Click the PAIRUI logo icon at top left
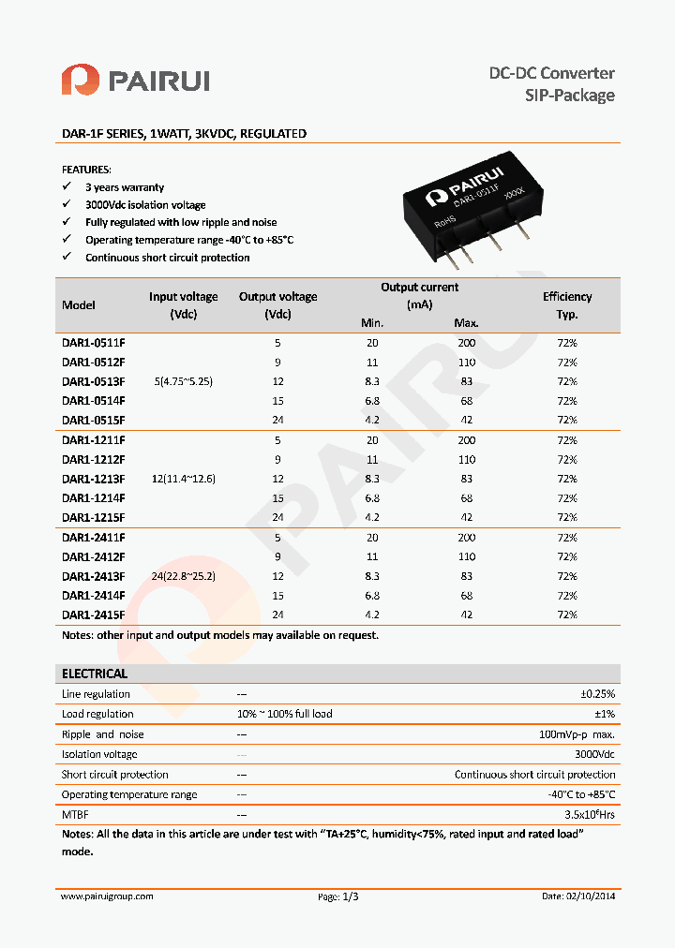point(80,80)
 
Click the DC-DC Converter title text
point(552,73)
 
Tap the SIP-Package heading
point(569,96)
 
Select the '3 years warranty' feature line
point(124,187)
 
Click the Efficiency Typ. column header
point(566,305)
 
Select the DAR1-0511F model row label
point(93,343)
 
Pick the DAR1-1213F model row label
point(93,479)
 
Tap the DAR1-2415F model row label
point(93,615)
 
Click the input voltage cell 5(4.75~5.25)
point(184,382)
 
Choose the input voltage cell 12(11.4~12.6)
point(184,479)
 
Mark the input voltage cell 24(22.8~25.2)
point(184,576)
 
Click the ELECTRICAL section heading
point(94,674)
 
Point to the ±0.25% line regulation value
point(597,694)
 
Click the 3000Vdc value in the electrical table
point(594,754)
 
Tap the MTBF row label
point(75,815)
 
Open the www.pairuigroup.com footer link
point(107,896)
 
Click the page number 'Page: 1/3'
point(338,896)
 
